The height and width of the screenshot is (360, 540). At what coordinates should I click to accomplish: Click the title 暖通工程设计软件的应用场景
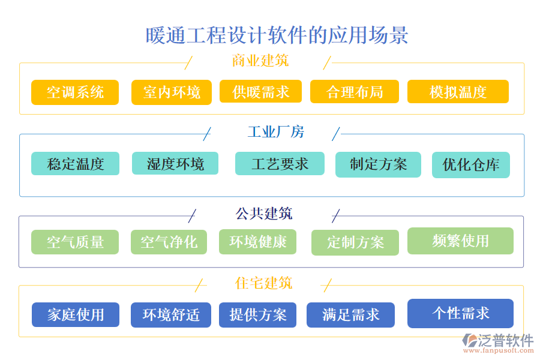[277, 35]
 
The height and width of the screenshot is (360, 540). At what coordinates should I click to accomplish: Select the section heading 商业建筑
[260, 61]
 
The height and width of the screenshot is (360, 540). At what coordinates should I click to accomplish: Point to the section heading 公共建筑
[264, 213]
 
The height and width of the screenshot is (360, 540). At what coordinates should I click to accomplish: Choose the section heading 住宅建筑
[263, 283]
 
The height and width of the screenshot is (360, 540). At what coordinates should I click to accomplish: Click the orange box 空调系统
[75, 92]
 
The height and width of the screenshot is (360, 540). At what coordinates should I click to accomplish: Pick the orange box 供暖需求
[261, 92]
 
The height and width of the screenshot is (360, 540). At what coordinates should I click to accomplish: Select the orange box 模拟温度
[458, 92]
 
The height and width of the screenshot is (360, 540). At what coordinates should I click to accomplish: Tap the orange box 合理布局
[355, 92]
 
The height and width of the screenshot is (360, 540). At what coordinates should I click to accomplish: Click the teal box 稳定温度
[75, 164]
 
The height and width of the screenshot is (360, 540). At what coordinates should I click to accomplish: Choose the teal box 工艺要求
[280, 164]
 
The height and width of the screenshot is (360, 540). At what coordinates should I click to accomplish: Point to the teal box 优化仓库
[470, 165]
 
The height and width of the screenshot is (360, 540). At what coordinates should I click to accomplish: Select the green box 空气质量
[75, 242]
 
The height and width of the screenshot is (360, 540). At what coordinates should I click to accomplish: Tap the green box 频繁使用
[460, 241]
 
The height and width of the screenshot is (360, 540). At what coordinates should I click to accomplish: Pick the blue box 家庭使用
[76, 314]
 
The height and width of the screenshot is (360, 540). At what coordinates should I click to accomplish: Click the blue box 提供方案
[258, 314]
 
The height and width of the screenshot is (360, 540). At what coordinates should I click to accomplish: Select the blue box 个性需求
[460, 313]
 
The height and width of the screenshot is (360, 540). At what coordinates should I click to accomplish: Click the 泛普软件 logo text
[505, 340]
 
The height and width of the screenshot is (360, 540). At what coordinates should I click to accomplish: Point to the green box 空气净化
[169, 242]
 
